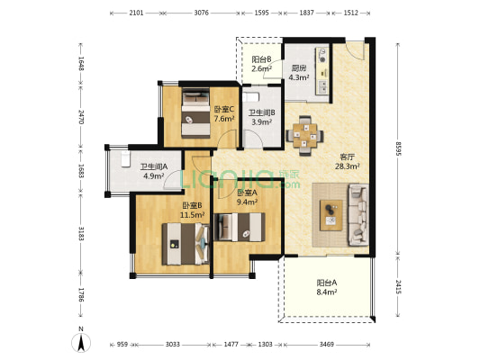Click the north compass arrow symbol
point(81,343)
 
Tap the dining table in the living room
point(305,136)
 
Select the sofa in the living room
point(358,215)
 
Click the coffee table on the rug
point(331,215)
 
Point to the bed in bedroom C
point(196,112)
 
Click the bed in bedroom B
point(186,244)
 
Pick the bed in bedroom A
point(240,228)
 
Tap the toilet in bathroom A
point(125,158)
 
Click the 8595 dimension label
point(398,148)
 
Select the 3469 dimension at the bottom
point(327,345)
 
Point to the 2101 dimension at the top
point(136,13)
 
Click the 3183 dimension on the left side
point(81,233)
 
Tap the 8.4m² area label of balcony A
point(327,292)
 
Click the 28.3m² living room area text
point(347,166)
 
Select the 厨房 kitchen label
point(299,67)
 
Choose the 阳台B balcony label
point(261,59)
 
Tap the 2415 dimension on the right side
point(398,287)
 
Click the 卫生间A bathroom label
point(154,166)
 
